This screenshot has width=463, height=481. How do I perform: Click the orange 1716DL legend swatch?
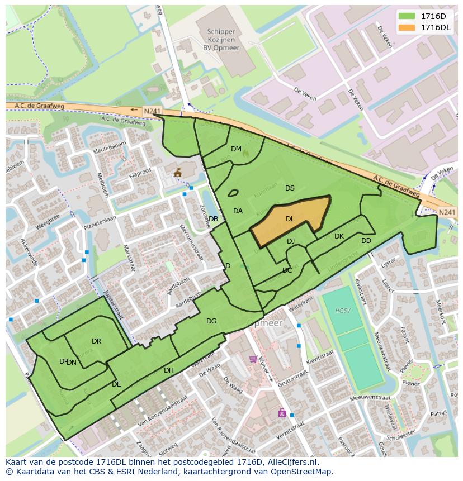pos(407,27)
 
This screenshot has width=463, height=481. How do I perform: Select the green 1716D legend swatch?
pos(407,17)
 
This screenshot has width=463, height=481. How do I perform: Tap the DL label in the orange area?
pos(290,219)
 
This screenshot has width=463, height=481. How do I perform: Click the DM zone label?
pos(236,149)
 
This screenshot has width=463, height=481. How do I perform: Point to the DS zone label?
pos(290,188)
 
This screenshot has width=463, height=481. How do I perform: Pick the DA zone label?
pos(238,211)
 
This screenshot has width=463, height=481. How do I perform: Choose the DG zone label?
pos(211,321)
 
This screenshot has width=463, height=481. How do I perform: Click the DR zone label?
pos(96,341)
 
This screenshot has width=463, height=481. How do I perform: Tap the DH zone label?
pos(169,370)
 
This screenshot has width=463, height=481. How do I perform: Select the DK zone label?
pos(339,236)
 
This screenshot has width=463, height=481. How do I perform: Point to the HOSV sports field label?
pos(342,311)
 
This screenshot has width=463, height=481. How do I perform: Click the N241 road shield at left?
pos(151,112)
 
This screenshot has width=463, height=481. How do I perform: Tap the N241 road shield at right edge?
pos(447,212)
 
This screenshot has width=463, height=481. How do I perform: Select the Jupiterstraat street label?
pos(113,304)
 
